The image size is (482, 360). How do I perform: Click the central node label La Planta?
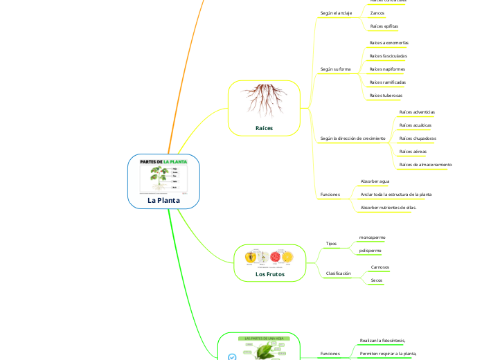(163, 200)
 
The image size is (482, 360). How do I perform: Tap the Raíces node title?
(264, 128)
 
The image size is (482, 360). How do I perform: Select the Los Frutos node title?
(270, 274)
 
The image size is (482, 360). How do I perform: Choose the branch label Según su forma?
(335, 69)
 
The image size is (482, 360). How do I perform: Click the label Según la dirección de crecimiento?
(352, 138)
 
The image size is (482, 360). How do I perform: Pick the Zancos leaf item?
(378, 13)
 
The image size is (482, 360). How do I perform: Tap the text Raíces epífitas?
(384, 26)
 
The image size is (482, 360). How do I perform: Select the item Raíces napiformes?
(387, 69)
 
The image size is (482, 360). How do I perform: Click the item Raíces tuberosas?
(386, 95)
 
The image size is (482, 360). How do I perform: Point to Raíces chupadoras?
(418, 138)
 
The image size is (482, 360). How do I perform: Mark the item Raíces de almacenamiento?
(425, 165)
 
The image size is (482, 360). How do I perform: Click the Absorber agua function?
(375, 181)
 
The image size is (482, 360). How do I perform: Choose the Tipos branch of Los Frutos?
(331, 244)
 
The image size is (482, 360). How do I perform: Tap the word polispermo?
(370, 250)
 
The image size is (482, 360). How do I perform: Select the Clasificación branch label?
(338, 273)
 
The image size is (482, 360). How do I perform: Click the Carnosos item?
(380, 267)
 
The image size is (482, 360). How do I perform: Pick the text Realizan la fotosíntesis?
(382, 341)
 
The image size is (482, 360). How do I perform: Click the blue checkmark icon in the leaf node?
(232, 357)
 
